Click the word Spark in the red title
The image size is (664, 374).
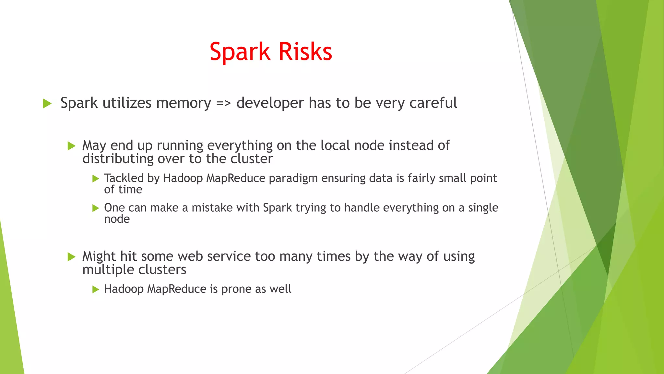coord(240,52)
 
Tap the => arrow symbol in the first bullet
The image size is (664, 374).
coord(223,103)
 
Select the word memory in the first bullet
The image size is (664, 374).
coord(183,103)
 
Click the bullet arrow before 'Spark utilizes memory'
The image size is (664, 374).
coord(47,104)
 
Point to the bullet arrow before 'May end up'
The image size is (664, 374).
coord(71,146)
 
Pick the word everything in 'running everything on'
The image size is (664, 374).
coord(240,146)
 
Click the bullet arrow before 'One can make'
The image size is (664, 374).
coord(95,208)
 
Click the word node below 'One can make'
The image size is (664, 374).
coord(117,219)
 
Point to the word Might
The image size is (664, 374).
coord(99,256)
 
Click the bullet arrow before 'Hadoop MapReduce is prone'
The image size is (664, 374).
coord(95,289)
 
